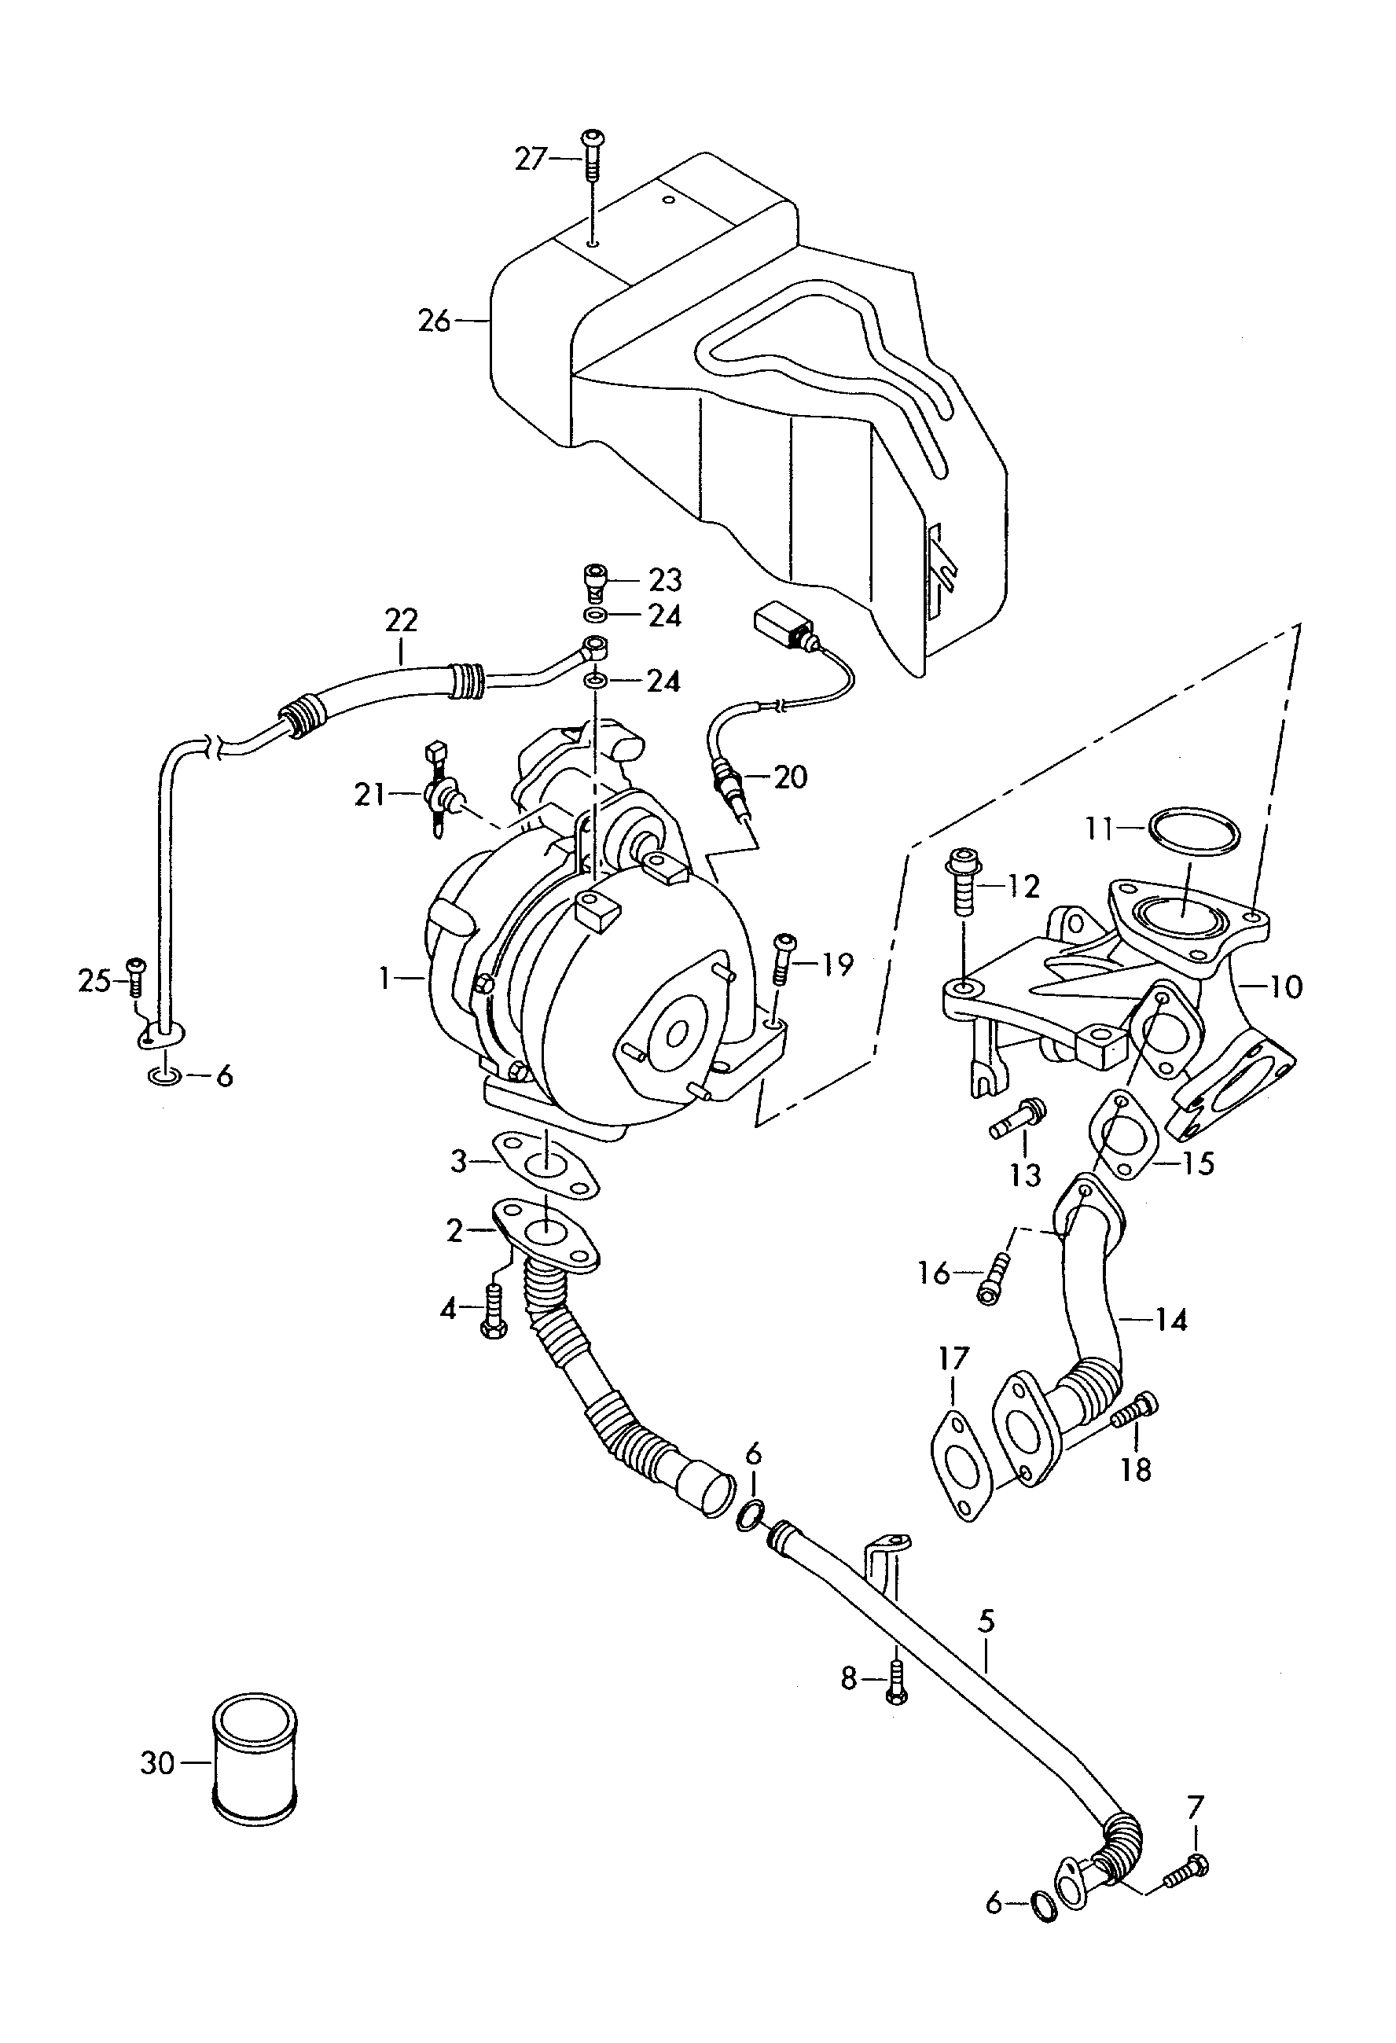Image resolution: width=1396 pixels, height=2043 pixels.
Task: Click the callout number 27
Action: coord(530,159)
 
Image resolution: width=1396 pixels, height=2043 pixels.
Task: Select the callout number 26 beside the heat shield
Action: coord(434,321)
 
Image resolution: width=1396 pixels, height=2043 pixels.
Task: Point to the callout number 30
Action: coord(157,1762)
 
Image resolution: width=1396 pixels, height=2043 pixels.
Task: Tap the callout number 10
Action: coord(1285,987)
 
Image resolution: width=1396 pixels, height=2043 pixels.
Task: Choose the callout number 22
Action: coord(401,621)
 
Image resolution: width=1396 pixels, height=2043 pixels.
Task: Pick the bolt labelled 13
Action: coord(1018,1119)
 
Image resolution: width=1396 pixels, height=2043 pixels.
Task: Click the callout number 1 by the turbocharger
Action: coord(384,978)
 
